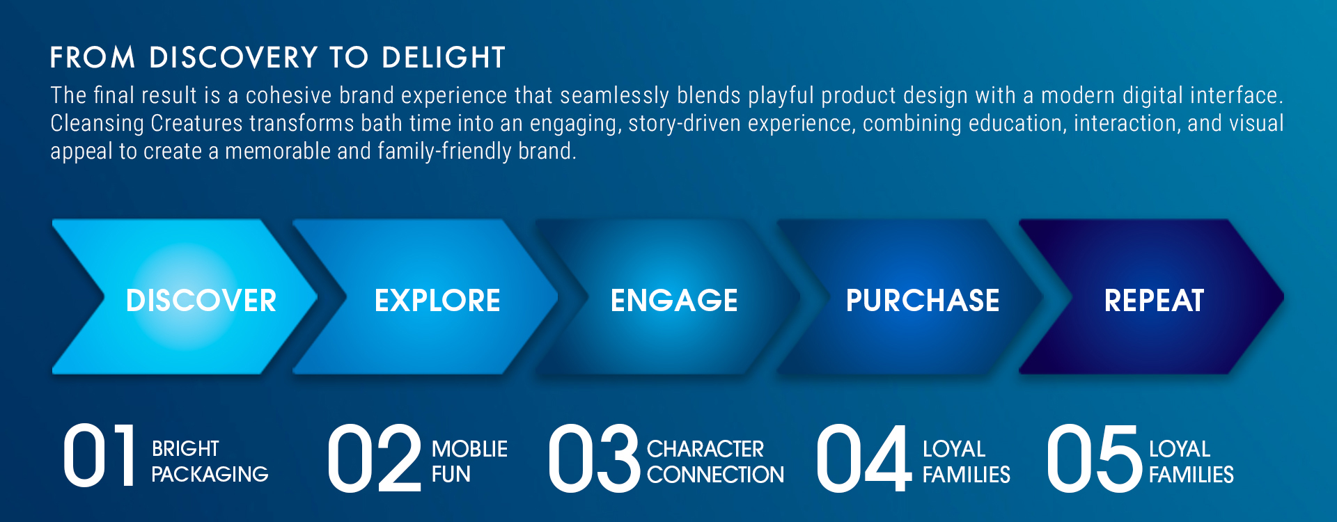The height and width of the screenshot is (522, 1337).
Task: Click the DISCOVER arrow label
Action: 201,301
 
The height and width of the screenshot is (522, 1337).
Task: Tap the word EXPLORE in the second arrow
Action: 437,301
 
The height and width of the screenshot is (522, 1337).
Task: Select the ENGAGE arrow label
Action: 674,301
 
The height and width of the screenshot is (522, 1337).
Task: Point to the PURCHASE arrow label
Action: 923,301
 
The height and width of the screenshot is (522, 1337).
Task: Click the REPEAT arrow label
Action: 1154,301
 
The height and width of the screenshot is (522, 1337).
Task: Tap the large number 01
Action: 99,457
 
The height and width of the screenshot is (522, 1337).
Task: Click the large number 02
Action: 375,458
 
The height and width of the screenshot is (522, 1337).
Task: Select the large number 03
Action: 594,458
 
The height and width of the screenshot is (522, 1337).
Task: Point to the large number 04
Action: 863,458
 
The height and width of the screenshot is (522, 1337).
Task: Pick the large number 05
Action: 1095,458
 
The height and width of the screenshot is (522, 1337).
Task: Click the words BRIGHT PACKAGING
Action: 210,461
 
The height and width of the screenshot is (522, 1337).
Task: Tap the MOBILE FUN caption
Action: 469,461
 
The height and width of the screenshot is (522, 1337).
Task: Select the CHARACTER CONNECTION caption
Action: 715,461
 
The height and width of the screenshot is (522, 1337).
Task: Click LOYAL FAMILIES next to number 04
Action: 967,461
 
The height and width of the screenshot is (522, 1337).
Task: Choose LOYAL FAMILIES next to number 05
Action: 1191,461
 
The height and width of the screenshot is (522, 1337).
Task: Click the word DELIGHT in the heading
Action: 444,58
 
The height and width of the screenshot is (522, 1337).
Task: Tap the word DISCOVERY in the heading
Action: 234,58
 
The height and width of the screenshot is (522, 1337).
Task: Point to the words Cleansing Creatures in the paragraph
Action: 146,123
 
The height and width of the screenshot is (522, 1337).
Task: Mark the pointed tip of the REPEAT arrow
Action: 1283,297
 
